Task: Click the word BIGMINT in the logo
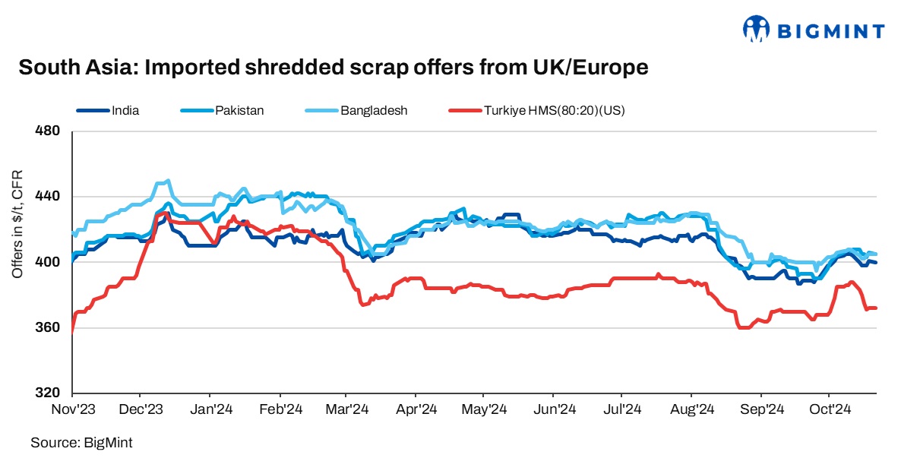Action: coord(830,30)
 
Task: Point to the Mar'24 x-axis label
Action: coord(346,409)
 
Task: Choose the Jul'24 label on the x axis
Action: coord(622,409)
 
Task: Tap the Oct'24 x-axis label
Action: coord(828,409)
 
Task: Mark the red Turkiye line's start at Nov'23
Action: coord(72,330)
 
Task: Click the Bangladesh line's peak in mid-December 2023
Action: coord(167,181)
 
